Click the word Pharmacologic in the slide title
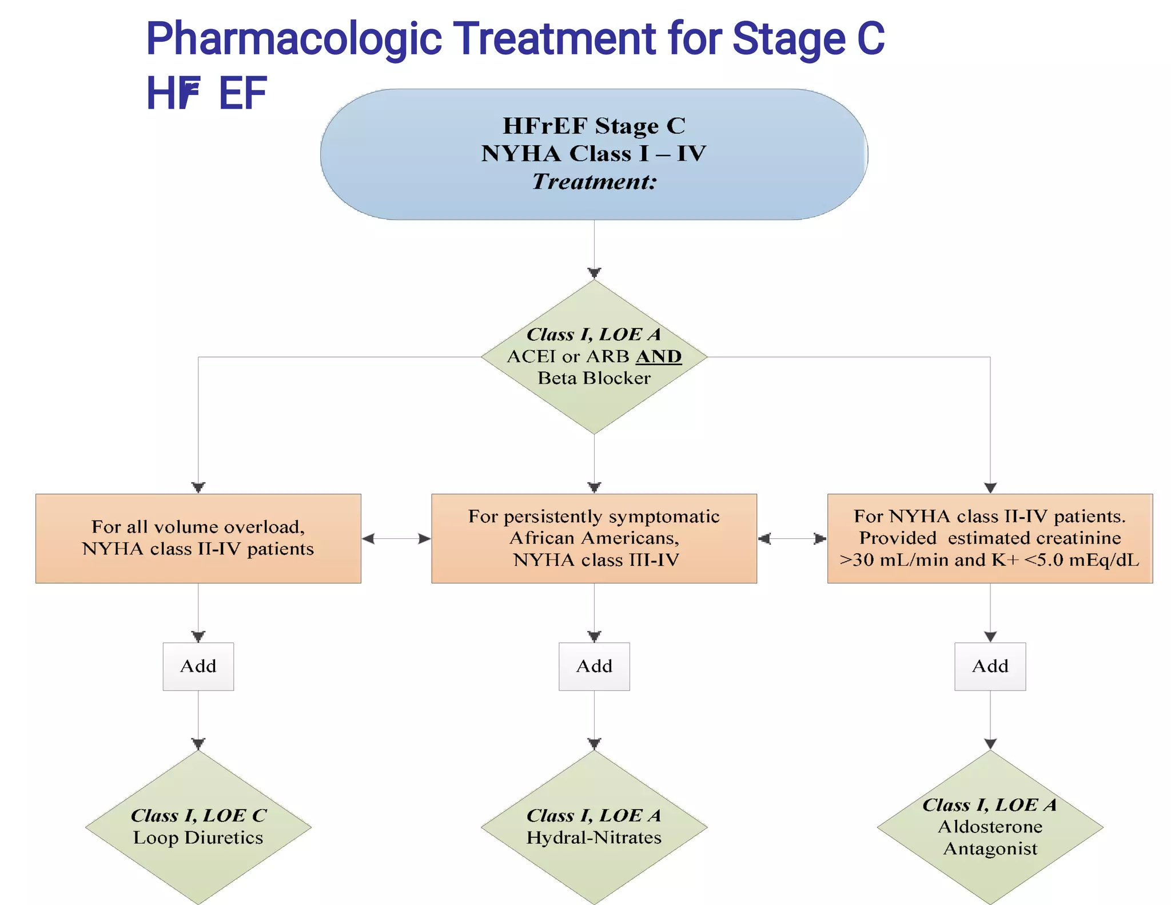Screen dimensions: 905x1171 (294, 39)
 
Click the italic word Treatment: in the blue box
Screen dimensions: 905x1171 (594, 182)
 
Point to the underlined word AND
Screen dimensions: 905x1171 (659, 356)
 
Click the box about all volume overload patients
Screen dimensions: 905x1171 (198, 538)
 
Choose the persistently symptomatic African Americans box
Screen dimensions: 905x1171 (594, 538)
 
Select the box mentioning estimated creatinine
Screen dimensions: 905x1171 (990, 538)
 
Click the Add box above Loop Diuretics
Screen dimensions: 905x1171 (198, 666)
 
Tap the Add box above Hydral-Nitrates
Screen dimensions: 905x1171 (594, 666)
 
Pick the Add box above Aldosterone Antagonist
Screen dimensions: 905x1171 (990, 666)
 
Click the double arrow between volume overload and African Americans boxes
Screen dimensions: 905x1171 (396, 538)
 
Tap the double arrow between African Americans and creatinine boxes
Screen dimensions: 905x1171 (792, 538)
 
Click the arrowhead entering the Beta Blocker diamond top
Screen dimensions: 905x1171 (594, 273)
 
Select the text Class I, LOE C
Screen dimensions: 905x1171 (198, 815)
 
